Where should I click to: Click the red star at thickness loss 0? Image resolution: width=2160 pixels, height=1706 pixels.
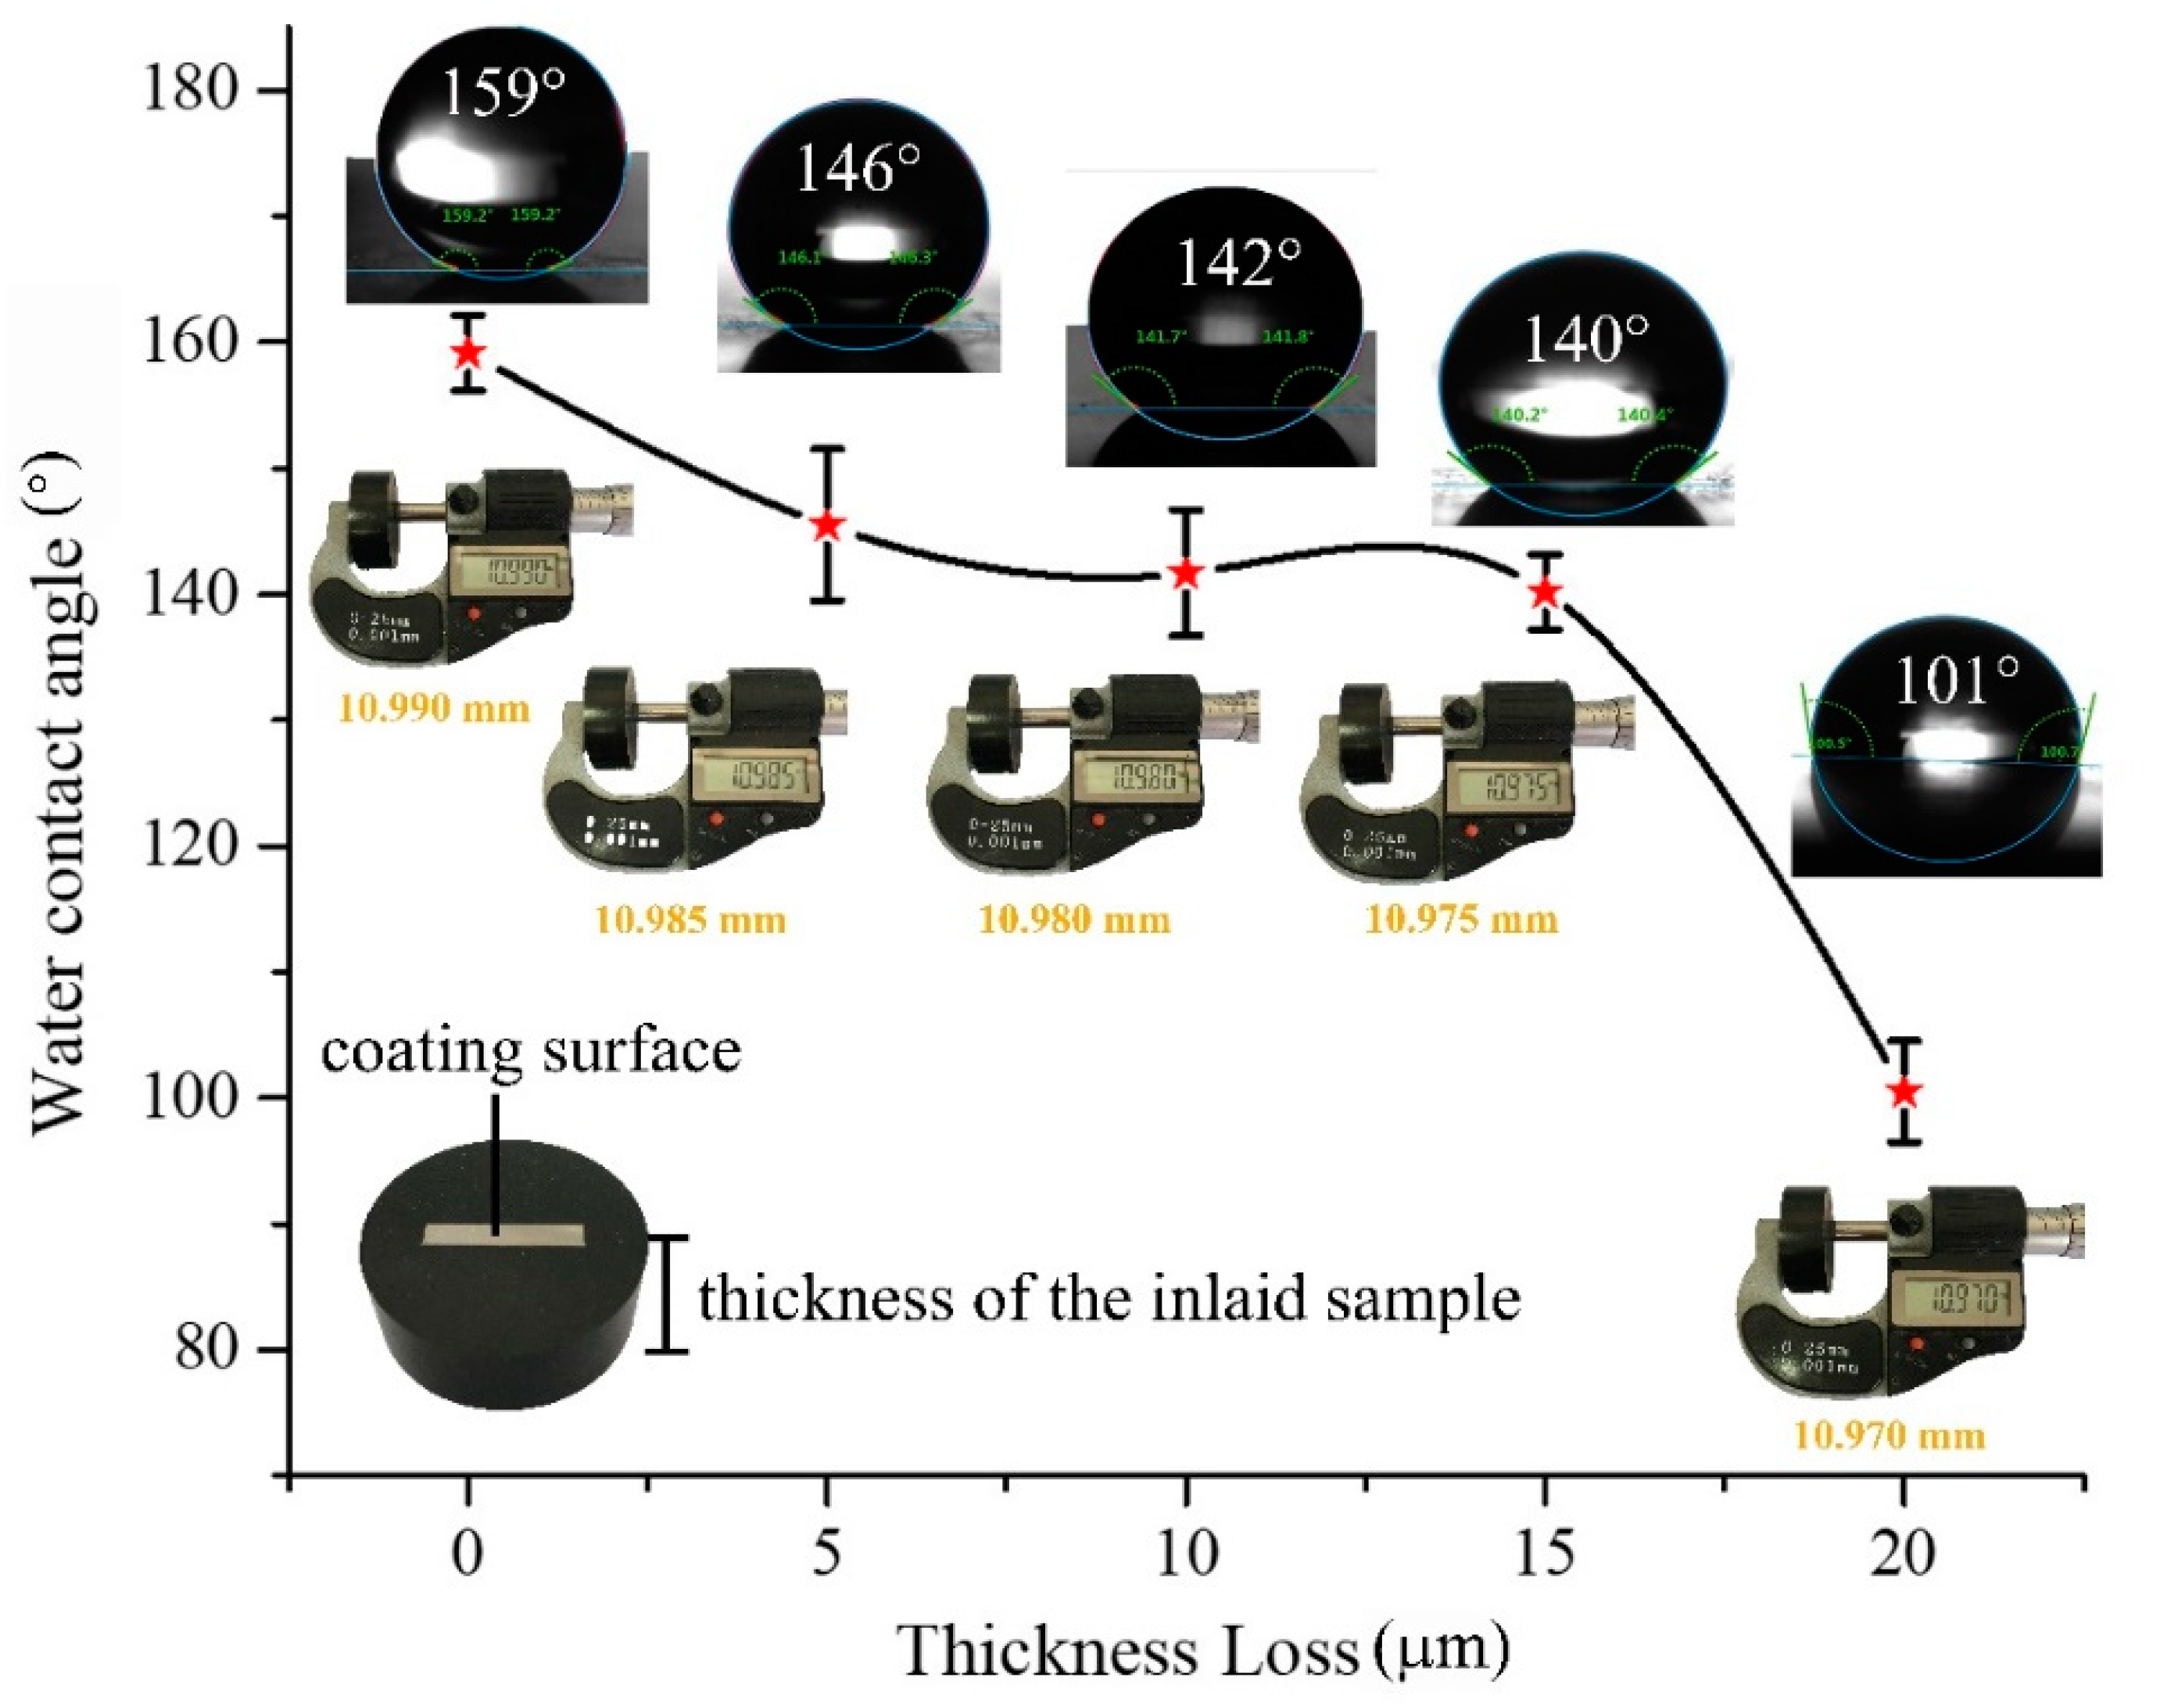pyautogui.click(x=467, y=352)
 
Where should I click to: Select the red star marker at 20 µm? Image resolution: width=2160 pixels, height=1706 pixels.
pyautogui.click(x=1904, y=1092)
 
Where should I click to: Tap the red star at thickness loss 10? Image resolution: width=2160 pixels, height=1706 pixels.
pyautogui.click(x=1186, y=574)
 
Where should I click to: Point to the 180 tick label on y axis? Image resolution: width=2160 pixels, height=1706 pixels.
pyautogui.click(x=190, y=89)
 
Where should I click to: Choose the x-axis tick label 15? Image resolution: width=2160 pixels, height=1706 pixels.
pyautogui.click(x=1545, y=1555)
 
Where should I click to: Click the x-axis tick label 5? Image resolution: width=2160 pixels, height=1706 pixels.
pyautogui.click(x=826, y=1555)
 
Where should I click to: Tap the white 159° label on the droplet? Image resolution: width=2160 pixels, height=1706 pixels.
pyautogui.click(x=502, y=93)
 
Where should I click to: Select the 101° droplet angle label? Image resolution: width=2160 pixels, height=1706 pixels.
pyautogui.click(x=1955, y=681)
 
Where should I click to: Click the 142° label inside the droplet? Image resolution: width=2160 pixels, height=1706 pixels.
pyautogui.click(x=1239, y=263)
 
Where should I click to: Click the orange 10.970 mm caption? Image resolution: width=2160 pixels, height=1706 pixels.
pyautogui.click(x=1888, y=1436)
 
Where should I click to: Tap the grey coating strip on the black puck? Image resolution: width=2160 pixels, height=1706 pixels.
pyautogui.click(x=503, y=1236)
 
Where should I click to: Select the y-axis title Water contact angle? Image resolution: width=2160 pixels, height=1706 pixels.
pyautogui.click(x=60, y=789)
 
